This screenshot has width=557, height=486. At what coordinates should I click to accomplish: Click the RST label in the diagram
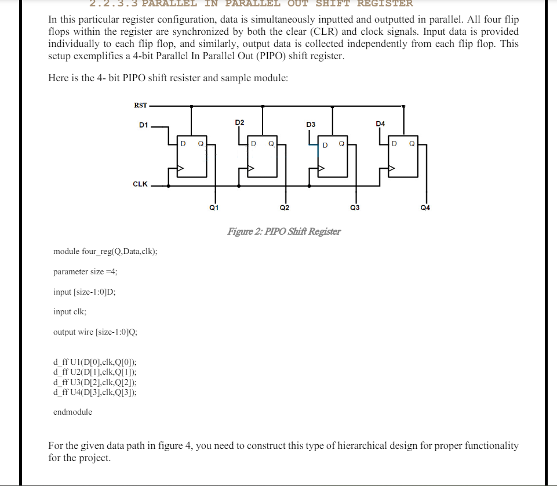(141, 105)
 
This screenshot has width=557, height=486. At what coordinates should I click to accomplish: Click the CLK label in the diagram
(140, 184)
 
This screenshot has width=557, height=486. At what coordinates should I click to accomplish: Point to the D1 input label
(144, 125)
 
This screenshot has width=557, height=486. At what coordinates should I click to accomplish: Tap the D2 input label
(239, 122)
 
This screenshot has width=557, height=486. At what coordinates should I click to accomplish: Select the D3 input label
(311, 125)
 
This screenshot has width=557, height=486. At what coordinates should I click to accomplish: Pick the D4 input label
(380, 124)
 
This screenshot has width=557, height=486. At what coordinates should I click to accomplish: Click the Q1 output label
(213, 206)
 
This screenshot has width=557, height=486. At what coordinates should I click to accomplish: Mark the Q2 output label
(284, 206)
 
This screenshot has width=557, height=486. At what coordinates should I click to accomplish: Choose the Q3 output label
(355, 206)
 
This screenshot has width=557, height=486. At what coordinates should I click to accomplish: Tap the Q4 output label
(425, 206)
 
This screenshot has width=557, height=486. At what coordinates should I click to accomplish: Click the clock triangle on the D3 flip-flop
(321, 169)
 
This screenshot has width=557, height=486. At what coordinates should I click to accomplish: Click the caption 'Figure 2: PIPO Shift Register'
(284, 231)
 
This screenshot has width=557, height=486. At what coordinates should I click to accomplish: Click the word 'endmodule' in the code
(72, 412)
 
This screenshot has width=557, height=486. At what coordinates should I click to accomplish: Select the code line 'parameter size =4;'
(85, 271)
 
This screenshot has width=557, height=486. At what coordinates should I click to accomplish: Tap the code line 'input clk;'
(70, 311)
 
